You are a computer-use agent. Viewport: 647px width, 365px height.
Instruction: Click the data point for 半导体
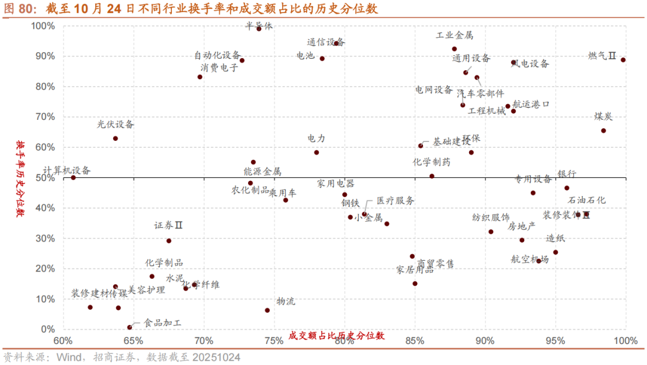259,29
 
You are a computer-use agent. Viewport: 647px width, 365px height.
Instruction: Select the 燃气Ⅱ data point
623,60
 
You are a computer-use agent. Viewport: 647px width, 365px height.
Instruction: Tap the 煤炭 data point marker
603,131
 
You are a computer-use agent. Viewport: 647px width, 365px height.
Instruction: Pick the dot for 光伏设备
116,138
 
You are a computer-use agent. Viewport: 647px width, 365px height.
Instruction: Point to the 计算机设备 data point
73,177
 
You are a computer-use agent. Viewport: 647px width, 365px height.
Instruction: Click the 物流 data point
267,310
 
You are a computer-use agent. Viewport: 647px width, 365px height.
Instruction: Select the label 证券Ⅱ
168,226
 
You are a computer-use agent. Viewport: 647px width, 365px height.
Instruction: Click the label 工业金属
454,35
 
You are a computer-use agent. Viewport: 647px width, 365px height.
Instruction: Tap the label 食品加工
162,323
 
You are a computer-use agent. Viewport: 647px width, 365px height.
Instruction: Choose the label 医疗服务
395,201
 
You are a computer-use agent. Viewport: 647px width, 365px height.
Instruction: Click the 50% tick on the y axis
46,177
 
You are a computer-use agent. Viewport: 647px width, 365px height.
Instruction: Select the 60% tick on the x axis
63,341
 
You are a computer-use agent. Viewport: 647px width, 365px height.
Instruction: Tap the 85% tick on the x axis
415,341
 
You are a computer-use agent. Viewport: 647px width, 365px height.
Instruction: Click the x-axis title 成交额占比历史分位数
336,336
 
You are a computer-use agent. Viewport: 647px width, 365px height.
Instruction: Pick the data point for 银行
567,188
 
